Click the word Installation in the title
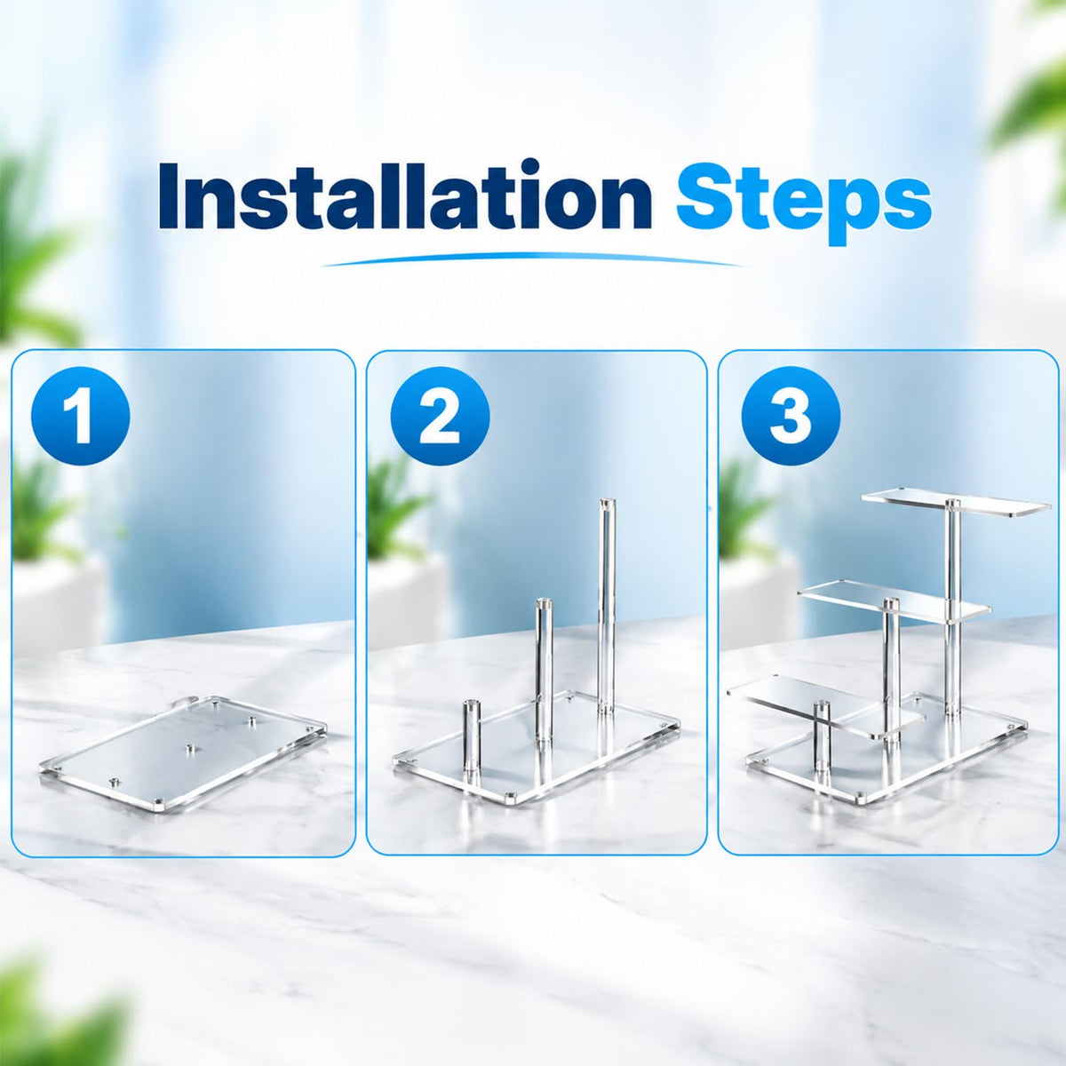coord(404,196)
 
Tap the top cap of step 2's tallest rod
coord(607,503)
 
